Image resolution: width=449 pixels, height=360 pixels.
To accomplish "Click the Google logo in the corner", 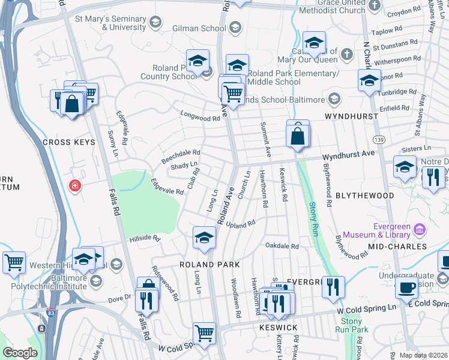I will (x=20, y=353).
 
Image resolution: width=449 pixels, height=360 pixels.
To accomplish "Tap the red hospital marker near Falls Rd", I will (x=74, y=185).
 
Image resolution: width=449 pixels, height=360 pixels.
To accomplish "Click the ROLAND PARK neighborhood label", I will (x=209, y=264).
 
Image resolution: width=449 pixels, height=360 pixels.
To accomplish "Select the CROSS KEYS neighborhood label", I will (x=69, y=142).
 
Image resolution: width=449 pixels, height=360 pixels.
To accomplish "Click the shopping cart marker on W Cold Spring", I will (x=205, y=333).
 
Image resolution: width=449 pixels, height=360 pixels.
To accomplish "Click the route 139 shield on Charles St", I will (x=379, y=139).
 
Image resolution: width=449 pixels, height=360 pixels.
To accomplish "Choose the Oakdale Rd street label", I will (x=282, y=246).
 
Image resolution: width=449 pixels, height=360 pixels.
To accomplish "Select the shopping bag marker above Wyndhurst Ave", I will (x=298, y=135).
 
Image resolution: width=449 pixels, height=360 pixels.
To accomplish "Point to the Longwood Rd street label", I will (x=200, y=119).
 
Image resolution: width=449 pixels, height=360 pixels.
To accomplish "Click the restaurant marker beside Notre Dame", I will (x=432, y=178).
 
